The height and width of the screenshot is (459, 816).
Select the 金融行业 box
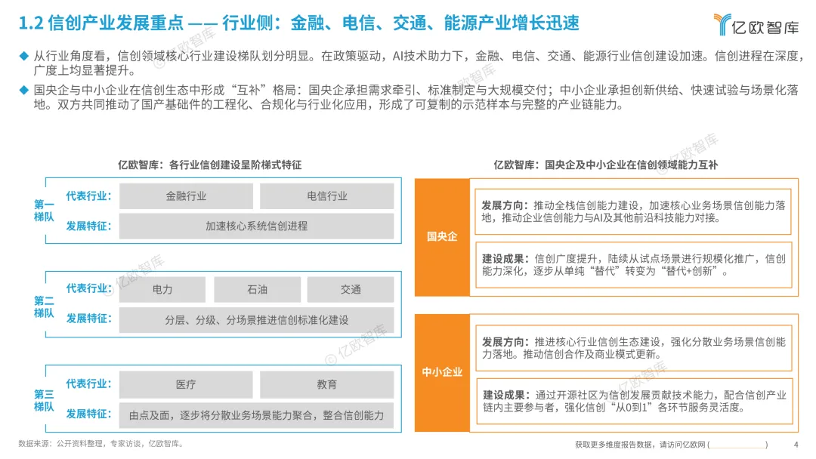(x=186, y=196)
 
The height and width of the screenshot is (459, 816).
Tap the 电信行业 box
(x=327, y=196)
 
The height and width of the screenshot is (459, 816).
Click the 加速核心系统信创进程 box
(x=256, y=226)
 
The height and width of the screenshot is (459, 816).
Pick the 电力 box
(x=162, y=290)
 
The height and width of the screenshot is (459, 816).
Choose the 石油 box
(x=256, y=290)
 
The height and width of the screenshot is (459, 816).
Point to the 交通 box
(x=351, y=290)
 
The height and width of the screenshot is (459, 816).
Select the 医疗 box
(x=186, y=384)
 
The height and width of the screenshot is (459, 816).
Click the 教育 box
(x=327, y=384)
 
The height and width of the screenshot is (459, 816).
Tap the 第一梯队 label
(x=44, y=211)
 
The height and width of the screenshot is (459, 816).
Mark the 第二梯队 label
(x=44, y=306)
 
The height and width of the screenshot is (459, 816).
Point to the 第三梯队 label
(x=44, y=400)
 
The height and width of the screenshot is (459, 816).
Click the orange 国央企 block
(x=442, y=236)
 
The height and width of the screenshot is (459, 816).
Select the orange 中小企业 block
(x=442, y=372)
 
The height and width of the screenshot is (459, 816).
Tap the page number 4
(x=796, y=444)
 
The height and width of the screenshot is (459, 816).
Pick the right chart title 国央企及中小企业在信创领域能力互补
(x=606, y=165)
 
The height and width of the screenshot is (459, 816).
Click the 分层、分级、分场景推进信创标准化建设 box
(x=256, y=320)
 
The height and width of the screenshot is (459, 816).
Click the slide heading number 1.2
(x=29, y=23)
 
